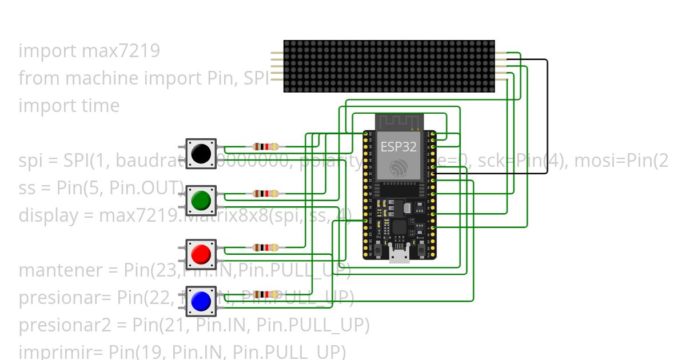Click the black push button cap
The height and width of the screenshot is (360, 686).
tap(201, 153)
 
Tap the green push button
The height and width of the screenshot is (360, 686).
tap(201, 200)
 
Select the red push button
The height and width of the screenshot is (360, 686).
tap(201, 254)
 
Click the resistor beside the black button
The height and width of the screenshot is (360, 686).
tap(266, 147)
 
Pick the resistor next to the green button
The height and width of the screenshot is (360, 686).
tap(266, 194)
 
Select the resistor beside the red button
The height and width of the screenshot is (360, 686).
tap(266, 247)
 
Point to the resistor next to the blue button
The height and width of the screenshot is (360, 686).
tap(266, 295)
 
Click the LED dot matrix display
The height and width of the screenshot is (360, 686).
tap(389, 66)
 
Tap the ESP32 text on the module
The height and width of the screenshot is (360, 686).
tap(398, 146)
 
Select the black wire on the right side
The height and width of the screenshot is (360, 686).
tap(547, 114)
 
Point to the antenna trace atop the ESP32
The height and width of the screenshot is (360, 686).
tap(398, 122)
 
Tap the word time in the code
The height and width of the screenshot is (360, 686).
tap(101, 106)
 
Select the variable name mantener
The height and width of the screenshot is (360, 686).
tap(59, 270)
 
